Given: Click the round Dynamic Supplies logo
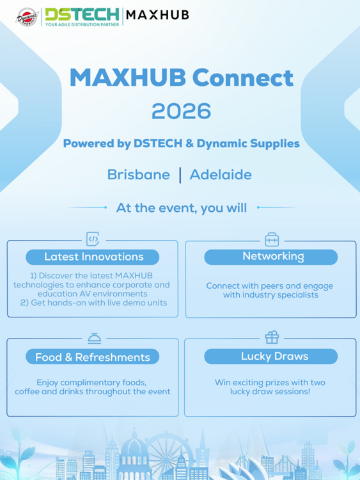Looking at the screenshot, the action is pyautogui.click(x=27, y=17).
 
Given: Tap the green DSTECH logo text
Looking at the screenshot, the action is pyautogui.click(x=82, y=14).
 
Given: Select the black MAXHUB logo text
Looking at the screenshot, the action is pyautogui.click(x=157, y=15).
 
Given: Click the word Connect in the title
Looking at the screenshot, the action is pyautogui.click(x=243, y=77).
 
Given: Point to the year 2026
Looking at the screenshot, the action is pyautogui.click(x=182, y=111).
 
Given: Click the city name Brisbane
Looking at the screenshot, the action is pyautogui.click(x=139, y=175).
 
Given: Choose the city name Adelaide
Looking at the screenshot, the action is pyautogui.click(x=221, y=175).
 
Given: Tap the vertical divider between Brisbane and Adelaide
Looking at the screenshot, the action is pyautogui.click(x=180, y=175).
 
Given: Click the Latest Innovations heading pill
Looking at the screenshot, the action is pyautogui.click(x=92, y=257).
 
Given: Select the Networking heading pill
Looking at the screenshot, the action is pyautogui.click(x=270, y=257).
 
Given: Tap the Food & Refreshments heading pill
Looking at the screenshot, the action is pyautogui.click(x=92, y=356).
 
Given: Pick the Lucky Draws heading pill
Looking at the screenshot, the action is pyautogui.click(x=270, y=356).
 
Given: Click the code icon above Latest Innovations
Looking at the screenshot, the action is pyautogui.click(x=93, y=239).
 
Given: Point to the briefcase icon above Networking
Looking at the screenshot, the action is pyautogui.click(x=272, y=239).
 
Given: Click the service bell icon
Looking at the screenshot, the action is pyautogui.click(x=94, y=339).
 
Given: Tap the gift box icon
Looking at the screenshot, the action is pyautogui.click(x=272, y=337).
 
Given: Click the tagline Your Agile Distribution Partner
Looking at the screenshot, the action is pyautogui.click(x=82, y=24).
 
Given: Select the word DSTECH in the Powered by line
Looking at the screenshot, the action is pyautogui.click(x=158, y=143).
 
